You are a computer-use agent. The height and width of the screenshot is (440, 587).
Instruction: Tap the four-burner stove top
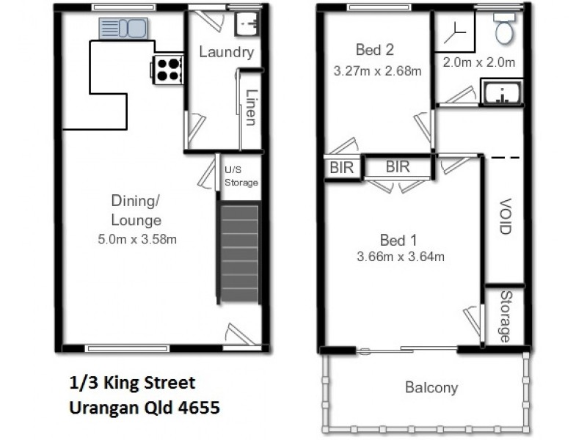[x=167, y=69]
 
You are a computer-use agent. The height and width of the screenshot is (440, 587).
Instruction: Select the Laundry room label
[x=226, y=52]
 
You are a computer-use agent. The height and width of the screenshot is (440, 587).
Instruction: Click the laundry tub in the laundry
[x=246, y=24]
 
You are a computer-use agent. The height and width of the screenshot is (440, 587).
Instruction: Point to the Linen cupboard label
[x=250, y=108]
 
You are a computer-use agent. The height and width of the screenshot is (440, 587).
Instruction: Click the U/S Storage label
[x=241, y=177]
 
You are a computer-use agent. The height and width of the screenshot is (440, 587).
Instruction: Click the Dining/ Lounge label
[x=136, y=211]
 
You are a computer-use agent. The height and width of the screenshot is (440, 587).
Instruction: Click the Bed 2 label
[x=375, y=50]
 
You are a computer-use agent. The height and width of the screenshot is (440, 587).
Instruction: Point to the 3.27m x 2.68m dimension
[x=377, y=71]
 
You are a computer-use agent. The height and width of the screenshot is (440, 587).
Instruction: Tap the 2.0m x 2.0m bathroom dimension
[x=478, y=62]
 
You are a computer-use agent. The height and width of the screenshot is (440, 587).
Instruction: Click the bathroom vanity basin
[x=502, y=95]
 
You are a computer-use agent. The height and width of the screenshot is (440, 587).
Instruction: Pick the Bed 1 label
[x=398, y=239]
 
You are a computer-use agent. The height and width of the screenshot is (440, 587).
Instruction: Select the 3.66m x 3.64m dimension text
[x=401, y=257]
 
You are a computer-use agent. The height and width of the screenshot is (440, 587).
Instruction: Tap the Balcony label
[x=431, y=388]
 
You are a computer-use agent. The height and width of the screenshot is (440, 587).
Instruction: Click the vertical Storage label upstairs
[x=505, y=316]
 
